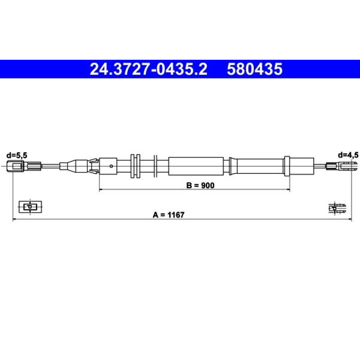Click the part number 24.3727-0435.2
click(x=148, y=69)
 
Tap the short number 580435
click(x=255, y=69)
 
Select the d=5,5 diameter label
click(x=17, y=156)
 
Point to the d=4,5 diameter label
click(x=348, y=155)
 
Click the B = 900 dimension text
click(x=201, y=185)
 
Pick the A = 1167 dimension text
click(x=168, y=215)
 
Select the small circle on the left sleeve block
click(x=111, y=166)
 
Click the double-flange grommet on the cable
click(x=135, y=166)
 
